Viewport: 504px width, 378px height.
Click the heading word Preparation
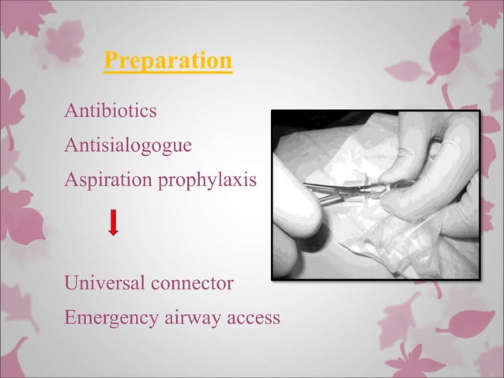tap(168, 61)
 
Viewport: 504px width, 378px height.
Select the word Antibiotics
tap(111, 112)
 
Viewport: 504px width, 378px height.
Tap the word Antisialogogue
tap(127, 146)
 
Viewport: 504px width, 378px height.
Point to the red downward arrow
tap(114, 222)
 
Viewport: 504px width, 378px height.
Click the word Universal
tap(103, 282)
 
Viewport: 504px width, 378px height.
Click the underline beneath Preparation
tap(168, 73)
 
